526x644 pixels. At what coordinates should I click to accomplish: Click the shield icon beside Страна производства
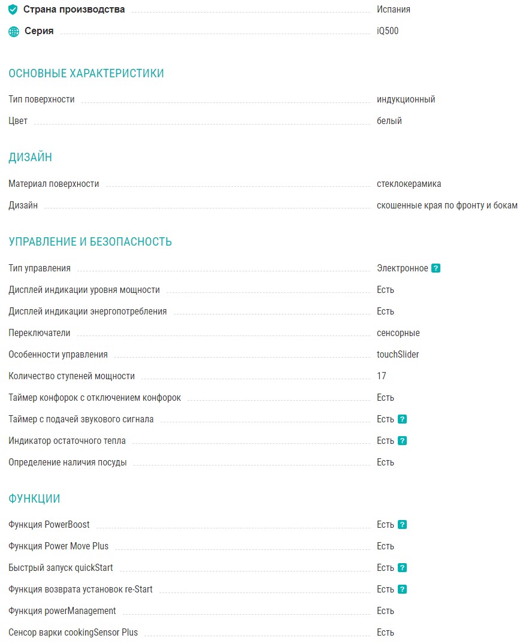coord(13,10)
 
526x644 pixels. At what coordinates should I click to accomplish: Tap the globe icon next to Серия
coord(14,31)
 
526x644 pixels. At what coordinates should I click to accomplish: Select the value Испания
coord(393,10)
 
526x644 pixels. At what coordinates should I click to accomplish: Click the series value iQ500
coord(388,31)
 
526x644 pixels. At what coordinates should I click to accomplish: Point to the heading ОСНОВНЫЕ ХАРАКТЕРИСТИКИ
coord(86,74)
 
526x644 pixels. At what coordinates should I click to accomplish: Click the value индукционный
coord(406,99)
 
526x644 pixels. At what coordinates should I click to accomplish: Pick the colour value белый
coord(389,121)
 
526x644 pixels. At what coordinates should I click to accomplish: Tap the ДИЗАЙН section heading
coord(31,158)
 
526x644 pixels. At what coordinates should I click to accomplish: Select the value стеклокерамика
coord(409,184)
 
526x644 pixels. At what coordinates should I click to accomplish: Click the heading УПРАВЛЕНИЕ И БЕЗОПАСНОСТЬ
coord(90,242)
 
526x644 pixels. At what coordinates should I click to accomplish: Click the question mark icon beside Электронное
coord(436,268)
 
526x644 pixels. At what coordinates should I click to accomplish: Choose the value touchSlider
coord(398,355)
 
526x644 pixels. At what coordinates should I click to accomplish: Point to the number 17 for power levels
coord(382,376)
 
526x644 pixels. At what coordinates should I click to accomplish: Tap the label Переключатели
coord(40,333)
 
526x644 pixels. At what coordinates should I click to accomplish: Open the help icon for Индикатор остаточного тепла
coord(402,441)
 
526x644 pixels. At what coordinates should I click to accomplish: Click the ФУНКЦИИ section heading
coord(34,499)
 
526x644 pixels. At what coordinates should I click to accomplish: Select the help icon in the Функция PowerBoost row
coord(402,525)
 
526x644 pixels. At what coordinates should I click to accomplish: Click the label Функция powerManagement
coord(62,611)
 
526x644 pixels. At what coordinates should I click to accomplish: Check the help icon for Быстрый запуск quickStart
coord(402,568)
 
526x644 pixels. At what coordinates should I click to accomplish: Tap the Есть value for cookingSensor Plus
coord(385,633)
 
